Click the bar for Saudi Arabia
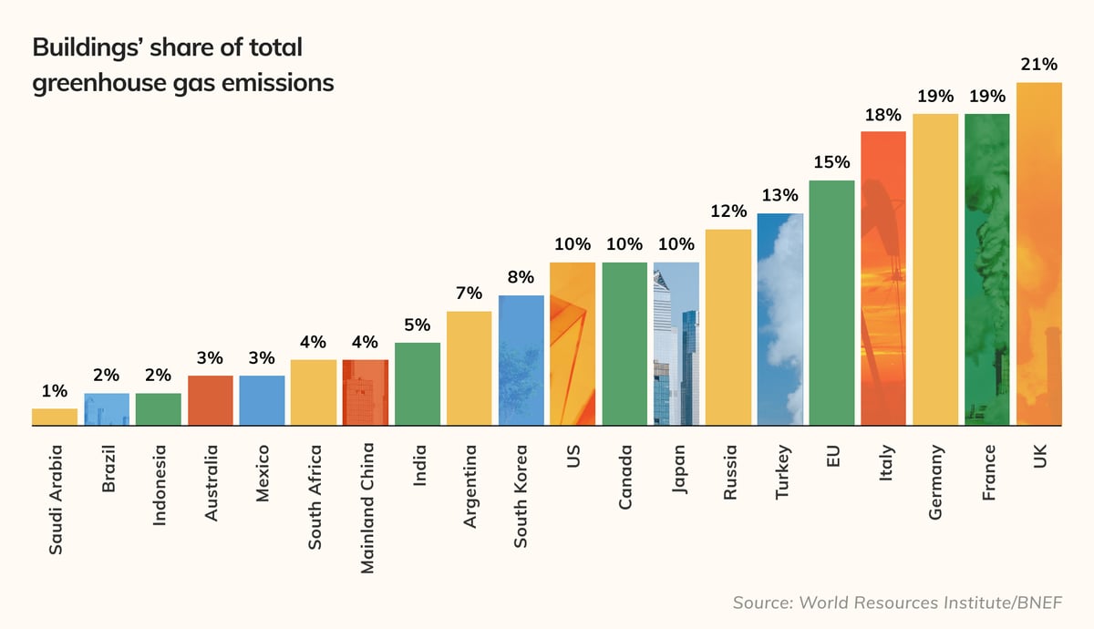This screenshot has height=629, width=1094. [x=55, y=417]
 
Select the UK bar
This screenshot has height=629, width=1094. [x=1039, y=255]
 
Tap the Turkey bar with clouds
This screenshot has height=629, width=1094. [x=780, y=319]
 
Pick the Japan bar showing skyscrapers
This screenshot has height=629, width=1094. [x=676, y=344]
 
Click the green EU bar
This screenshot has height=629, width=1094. [x=832, y=303]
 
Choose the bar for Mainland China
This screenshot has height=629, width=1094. [x=366, y=392]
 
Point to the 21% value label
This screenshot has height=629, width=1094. [x=1039, y=64]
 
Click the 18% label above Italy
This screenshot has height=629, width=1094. [x=882, y=115]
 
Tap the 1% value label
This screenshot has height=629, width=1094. [x=55, y=391]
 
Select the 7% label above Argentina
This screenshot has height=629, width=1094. [x=469, y=294]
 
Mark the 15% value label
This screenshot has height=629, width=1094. [x=831, y=163]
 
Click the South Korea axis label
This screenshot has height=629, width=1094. [x=521, y=497]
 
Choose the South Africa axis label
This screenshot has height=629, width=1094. [x=315, y=497]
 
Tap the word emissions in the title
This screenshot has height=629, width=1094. [x=282, y=83]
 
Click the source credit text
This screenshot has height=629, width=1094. [x=898, y=603]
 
